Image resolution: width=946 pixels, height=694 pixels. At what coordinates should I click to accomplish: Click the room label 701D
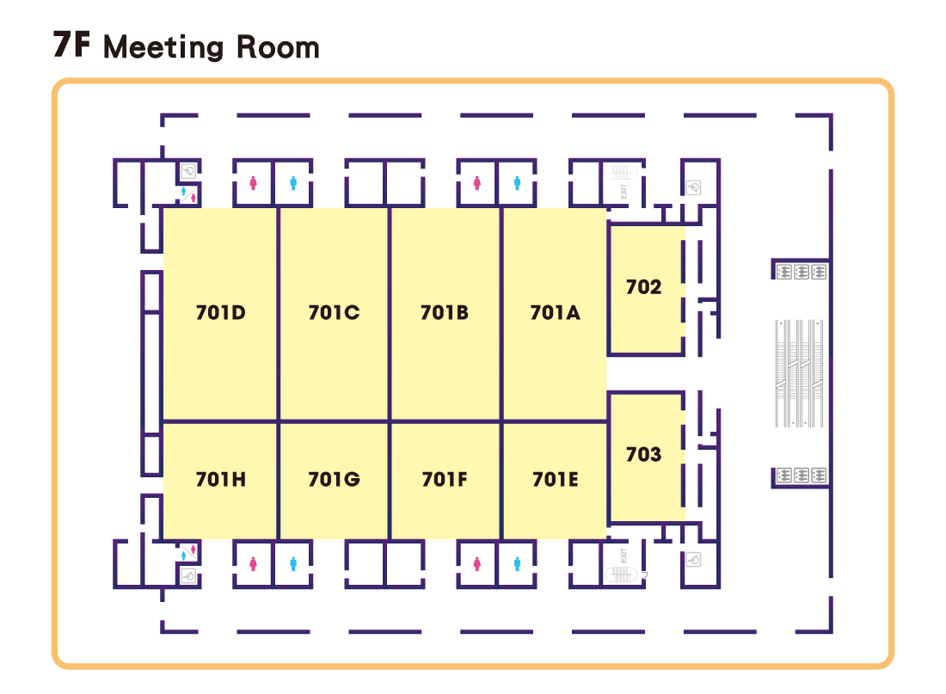[x=220, y=313]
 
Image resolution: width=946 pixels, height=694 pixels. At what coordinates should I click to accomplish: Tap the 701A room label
[x=555, y=313]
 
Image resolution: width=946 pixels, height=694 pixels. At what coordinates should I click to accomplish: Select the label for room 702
[x=643, y=287]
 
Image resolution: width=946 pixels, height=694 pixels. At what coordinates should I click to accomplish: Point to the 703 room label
[x=643, y=454]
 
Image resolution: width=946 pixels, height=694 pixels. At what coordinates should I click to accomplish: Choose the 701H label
[x=220, y=480]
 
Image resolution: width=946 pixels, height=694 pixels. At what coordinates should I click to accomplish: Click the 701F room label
[x=444, y=480]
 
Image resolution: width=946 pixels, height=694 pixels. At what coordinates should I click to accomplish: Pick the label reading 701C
[x=334, y=313]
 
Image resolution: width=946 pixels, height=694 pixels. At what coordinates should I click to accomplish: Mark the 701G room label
[x=334, y=480]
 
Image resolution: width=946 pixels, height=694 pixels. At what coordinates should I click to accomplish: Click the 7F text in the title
[x=71, y=46]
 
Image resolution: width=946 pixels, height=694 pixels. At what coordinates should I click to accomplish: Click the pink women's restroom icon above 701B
[x=476, y=183]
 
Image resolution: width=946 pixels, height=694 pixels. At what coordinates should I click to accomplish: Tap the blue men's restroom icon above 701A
[x=517, y=183]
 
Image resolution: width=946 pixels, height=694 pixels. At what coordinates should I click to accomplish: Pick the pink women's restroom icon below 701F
[x=476, y=564]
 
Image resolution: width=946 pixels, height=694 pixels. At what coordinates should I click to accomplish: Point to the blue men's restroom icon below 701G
[x=294, y=564]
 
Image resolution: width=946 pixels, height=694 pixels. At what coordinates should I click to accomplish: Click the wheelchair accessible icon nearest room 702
[x=694, y=187]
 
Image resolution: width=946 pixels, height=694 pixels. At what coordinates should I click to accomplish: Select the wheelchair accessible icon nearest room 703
[x=694, y=560]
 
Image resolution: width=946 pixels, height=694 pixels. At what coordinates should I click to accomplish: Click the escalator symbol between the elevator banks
[x=801, y=373]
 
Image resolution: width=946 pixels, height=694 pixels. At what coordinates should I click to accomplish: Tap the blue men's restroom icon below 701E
[x=517, y=564]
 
